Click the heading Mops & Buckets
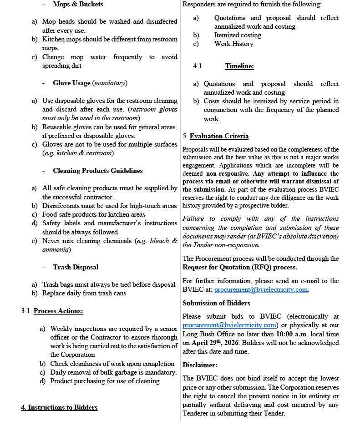pos(78,5)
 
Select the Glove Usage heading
pos(72,83)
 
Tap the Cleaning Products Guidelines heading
pos(97,171)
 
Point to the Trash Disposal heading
pos(76,267)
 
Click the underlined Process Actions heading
pos(58,311)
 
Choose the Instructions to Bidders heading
pos(59,407)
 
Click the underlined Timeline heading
pos(239,66)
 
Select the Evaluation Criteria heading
pos(219,136)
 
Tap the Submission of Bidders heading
pos(216,303)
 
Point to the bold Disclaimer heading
pos(200,365)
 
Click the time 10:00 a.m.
pos(292,334)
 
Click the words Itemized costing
pos(238,35)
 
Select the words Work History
pos(233,44)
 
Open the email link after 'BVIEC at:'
pos(261,290)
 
